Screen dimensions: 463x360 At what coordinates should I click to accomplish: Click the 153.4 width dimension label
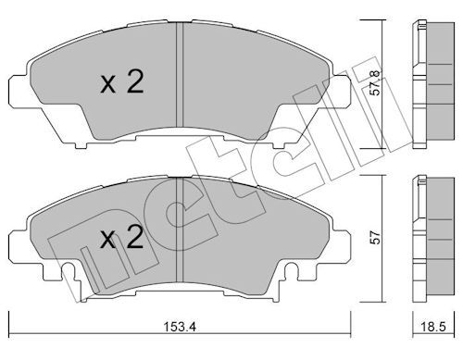point(180,327)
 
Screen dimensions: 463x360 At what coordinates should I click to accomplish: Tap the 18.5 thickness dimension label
point(434,327)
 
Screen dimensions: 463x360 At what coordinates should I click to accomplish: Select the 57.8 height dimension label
point(375,83)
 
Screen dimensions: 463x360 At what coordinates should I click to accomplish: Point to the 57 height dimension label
point(375,238)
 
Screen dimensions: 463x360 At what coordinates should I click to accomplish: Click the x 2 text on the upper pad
point(122,81)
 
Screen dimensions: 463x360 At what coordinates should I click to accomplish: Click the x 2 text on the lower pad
point(122,237)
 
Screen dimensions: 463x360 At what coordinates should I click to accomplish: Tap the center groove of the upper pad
point(180,74)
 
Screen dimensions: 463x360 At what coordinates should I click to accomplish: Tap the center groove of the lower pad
point(180,230)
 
